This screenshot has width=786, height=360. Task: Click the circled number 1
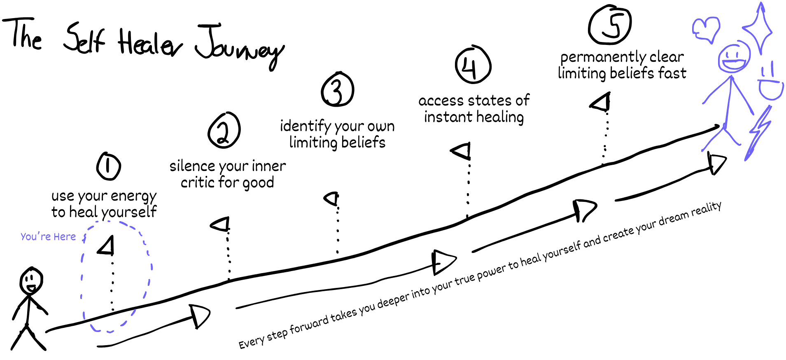click(x=108, y=166)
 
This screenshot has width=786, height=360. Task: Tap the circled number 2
click(x=224, y=130)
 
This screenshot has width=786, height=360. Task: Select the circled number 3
click(x=337, y=89)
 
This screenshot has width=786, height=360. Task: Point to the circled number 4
click(x=473, y=64)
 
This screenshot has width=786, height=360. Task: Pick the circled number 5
click(x=610, y=25)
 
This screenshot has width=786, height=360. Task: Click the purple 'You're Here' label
click(x=48, y=236)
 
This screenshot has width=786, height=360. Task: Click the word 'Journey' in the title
click(x=240, y=47)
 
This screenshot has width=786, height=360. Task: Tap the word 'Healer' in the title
click(x=150, y=42)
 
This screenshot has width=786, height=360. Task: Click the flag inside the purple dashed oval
click(x=107, y=246)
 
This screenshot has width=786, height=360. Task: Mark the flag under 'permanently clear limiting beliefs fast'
click(x=600, y=103)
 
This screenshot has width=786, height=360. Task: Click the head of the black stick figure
click(x=31, y=281)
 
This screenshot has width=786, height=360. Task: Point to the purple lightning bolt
click(x=758, y=132)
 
